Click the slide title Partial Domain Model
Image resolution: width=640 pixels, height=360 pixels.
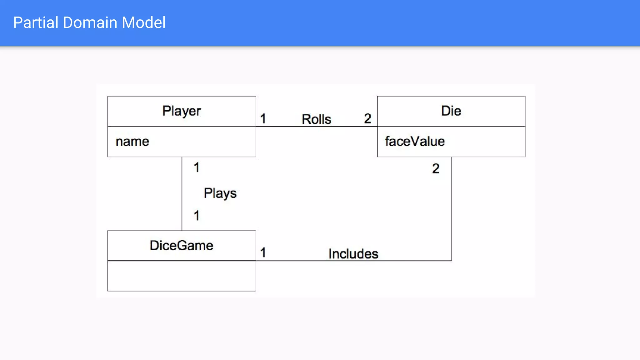click(89, 22)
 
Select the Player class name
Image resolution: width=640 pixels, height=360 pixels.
click(182, 111)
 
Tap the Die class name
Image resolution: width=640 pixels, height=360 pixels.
click(451, 111)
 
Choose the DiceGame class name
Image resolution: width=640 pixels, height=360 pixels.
click(181, 245)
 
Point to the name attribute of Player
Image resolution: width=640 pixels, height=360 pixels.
click(132, 142)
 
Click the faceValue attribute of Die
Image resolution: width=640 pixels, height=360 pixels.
click(415, 141)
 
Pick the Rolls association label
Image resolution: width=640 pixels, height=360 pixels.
click(316, 119)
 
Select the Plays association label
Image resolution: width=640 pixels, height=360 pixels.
click(220, 193)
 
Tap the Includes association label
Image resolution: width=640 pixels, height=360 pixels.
click(353, 254)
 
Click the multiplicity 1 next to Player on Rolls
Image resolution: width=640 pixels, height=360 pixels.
click(263, 119)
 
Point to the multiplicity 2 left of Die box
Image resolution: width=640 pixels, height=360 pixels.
click(367, 118)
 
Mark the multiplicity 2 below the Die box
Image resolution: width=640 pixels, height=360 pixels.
click(436, 169)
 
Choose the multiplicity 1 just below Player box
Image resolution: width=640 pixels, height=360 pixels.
click(197, 167)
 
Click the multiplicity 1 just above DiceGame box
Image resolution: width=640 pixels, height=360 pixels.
click(197, 216)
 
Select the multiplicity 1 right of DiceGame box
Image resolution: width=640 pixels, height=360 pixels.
click(263, 252)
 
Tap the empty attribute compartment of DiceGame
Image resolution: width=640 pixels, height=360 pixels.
click(182, 276)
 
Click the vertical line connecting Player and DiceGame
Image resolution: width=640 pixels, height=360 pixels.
click(182, 194)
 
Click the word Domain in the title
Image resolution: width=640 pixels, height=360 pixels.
click(90, 22)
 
